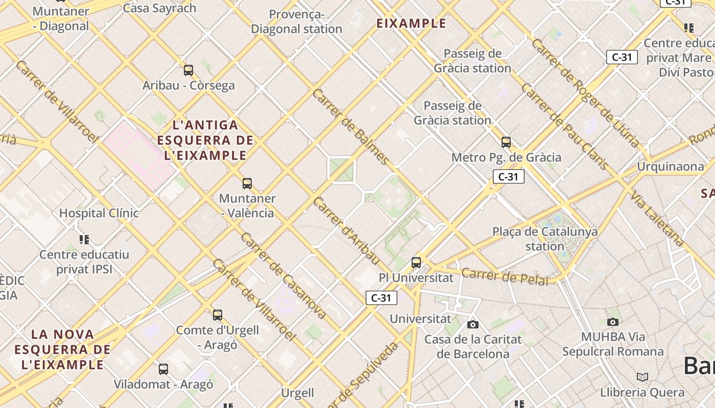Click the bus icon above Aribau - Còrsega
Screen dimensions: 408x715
pos(188,70)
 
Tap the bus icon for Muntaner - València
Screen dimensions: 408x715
pos(247,184)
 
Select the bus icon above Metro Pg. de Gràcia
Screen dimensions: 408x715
pos(506,142)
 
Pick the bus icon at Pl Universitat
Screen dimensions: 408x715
pos(416,263)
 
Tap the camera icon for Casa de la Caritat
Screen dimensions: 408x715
pos(473,324)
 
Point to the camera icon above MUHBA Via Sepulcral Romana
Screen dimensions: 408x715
pos(613,322)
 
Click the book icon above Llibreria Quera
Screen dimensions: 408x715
pos(642,377)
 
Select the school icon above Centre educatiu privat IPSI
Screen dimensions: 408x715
pos(85,239)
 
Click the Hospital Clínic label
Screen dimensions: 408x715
pos(99,213)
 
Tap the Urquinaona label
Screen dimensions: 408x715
pos(671,167)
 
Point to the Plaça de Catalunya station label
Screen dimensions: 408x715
pos(545,239)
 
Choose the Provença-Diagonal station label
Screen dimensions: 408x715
pos(297,22)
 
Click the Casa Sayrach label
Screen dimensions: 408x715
pos(160,8)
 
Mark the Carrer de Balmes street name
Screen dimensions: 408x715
pos(351,126)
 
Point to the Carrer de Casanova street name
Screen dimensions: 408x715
pos(283,276)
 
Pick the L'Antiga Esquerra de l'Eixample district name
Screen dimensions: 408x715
pos(205,140)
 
